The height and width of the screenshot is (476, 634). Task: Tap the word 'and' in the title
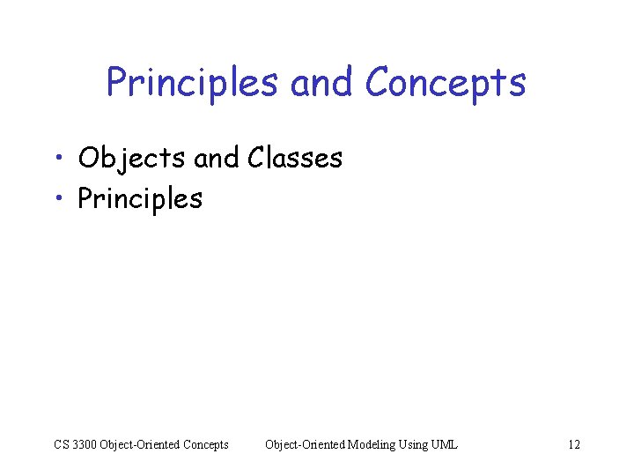click(x=321, y=83)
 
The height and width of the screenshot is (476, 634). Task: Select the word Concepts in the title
click(x=445, y=83)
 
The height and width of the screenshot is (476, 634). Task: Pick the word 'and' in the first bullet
click(x=216, y=159)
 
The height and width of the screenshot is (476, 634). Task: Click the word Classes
click(x=295, y=159)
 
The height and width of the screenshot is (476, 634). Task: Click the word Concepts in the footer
click(x=205, y=444)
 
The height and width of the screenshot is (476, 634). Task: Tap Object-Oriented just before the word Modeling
click(x=305, y=444)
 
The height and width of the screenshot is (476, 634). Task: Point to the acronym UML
click(x=446, y=444)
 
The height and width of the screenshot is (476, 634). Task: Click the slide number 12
click(x=574, y=444)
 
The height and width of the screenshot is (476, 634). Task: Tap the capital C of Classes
click(x=257, y=159)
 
